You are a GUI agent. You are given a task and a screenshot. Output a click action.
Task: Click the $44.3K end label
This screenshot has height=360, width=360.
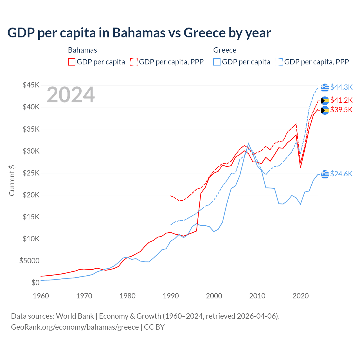click(x=341, y=87)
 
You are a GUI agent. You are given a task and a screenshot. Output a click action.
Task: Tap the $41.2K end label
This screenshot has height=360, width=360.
click(x=341, y=100)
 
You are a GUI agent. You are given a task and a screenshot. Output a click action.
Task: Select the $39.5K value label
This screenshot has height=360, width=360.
click(x=341, y=110)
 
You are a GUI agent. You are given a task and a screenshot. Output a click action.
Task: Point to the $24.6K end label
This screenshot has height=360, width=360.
click(x=341, y=174)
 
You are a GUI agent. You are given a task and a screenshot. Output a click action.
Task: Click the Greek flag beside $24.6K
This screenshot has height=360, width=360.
click(x=325, y=174)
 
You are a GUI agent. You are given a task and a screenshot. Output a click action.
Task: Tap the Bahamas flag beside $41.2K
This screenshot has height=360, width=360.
click(x=325, y=101)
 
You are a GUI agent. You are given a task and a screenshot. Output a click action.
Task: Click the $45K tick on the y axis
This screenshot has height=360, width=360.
click(x=31, y=85)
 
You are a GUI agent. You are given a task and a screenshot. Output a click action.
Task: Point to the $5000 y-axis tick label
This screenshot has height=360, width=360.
click(x=29, y=261)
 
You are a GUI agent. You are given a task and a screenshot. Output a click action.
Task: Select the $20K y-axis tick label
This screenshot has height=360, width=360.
click(x=31, y=195)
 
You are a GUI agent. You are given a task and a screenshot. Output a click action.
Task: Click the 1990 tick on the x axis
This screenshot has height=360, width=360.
click(x=171, y=296)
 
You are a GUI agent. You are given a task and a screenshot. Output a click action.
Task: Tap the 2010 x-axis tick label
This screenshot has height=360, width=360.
click(x=257, y=296)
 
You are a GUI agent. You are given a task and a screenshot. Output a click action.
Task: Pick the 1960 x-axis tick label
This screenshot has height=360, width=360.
click(x=41, y=296)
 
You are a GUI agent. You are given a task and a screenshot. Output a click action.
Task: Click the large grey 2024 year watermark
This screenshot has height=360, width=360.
click(x=71, y=95)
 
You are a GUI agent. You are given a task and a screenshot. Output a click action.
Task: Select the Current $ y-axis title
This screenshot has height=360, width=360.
click(x=12, y=181)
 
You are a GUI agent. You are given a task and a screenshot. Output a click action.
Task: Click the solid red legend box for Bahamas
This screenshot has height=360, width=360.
click(x=72, y=62)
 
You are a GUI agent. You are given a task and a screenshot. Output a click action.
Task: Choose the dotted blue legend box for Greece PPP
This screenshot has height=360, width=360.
click(x=279, y=62)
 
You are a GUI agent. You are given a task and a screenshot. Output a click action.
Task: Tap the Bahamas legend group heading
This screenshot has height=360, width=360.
click(x=82, y=50)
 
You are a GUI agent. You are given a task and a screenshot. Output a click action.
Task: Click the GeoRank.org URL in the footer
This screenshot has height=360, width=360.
click(x=75, y=327)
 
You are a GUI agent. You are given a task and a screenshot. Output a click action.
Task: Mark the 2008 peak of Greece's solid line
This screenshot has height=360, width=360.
click(x=248, y=143)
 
